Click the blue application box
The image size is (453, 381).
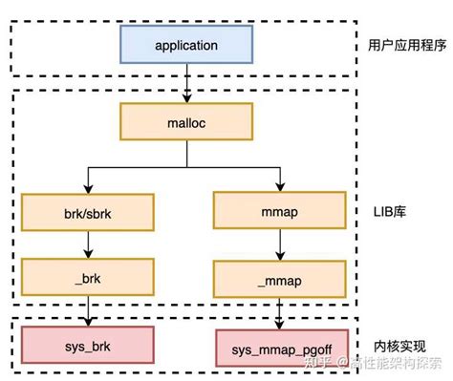(x=185, y=44)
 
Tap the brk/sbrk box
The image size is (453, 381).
(x=87, y=211)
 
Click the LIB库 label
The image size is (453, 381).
(x=390, y=211)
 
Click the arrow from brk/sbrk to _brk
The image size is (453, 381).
(x=87, y=243)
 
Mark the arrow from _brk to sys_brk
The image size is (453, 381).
(x=87, y=309)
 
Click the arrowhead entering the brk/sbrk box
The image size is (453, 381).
(x=87, y=189)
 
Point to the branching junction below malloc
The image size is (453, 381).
(x=185, y=165)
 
